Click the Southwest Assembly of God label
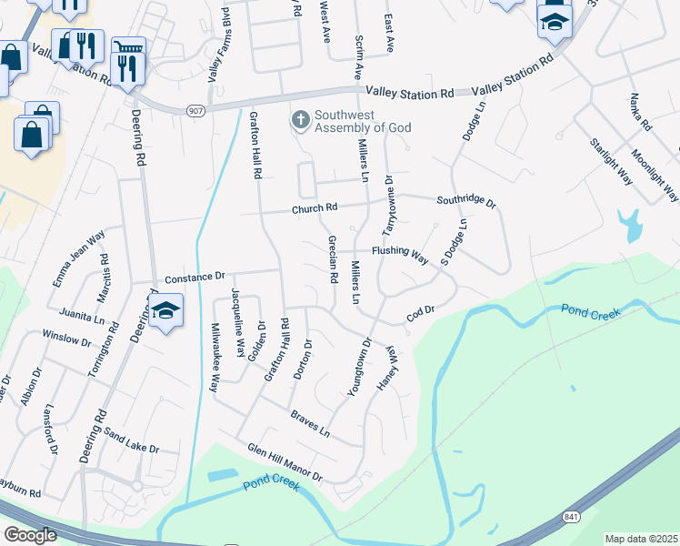coord(358,121)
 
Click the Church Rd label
coord(314,209)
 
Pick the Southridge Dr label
coord(465,202)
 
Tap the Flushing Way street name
coord(399,254)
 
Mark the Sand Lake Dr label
coord(130,441)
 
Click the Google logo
coord(30,535)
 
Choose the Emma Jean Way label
coord(79,258)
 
